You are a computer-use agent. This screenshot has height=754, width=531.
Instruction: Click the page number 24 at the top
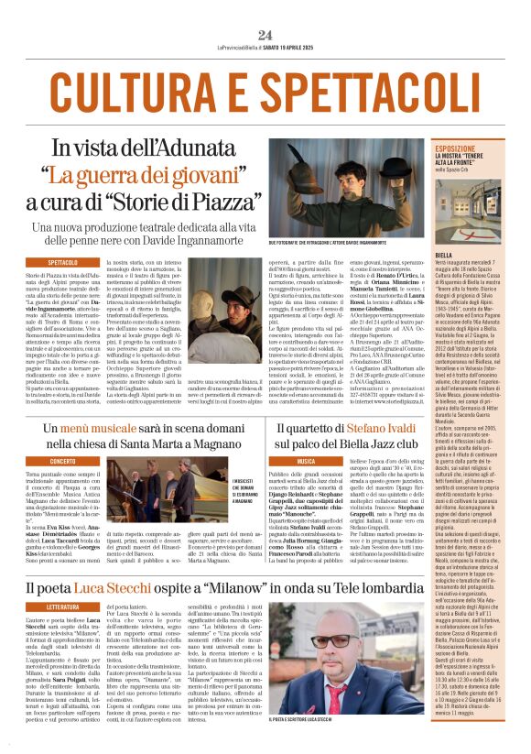click(265, 35)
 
